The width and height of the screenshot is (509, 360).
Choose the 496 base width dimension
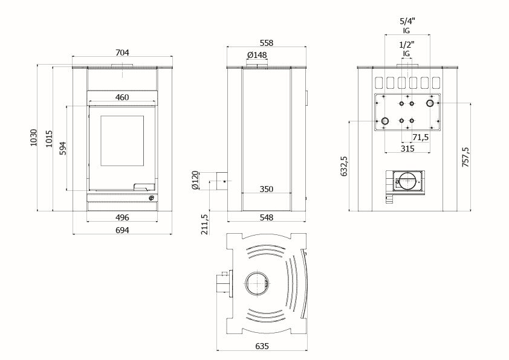coord(122,217)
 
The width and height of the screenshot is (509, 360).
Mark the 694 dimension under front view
coord(122,230)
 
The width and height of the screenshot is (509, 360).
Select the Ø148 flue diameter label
coord(257,56)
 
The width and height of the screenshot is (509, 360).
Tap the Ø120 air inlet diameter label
coord(195,180)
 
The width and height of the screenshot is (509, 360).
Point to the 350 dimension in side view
coord(266,189)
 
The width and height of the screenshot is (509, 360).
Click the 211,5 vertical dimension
coord(205,223)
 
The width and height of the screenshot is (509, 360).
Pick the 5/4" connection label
coord(407,21)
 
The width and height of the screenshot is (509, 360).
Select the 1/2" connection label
coord(407,45)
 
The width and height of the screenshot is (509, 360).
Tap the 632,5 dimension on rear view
coord(345,166)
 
